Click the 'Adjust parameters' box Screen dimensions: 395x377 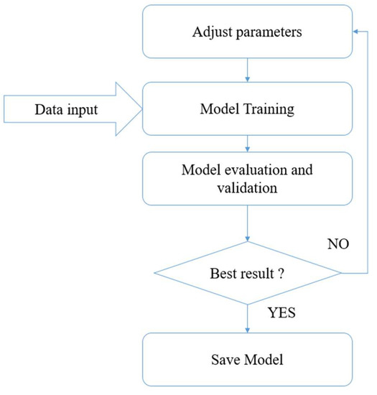click(248, 32)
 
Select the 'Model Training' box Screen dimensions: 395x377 click(248, 108)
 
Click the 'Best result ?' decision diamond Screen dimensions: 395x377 click(248, 273)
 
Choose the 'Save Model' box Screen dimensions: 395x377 click(248, 360)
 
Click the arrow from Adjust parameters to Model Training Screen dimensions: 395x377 click(248, 70)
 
